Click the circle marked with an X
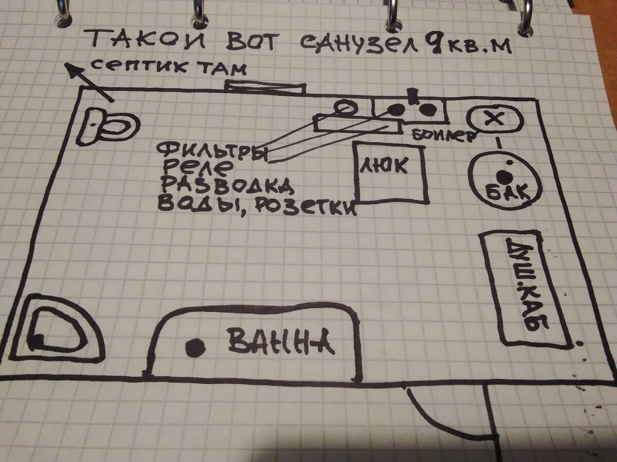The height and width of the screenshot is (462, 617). click(494, 120)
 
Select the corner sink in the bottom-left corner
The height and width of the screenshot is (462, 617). click(57, 329)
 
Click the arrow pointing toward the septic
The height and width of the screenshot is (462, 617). click(87, 82)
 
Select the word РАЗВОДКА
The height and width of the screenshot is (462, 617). click(226, 185)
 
